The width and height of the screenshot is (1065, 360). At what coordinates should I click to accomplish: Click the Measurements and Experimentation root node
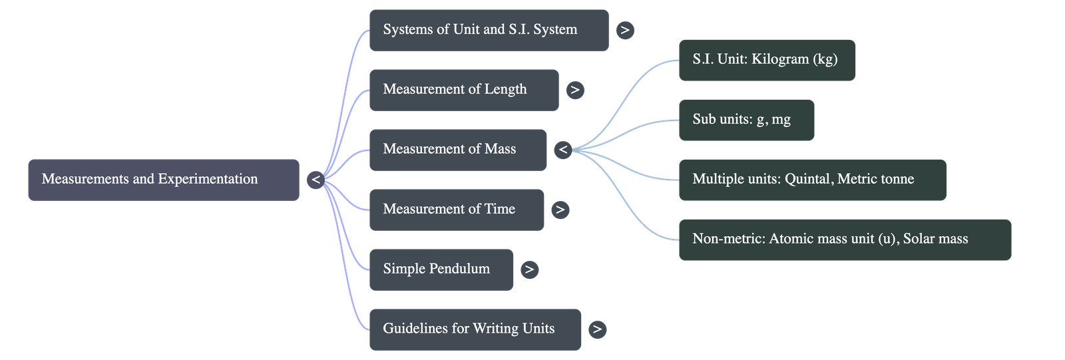163,179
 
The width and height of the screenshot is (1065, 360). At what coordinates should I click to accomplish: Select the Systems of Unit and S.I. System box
489,30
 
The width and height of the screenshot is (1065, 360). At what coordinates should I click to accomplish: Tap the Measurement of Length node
463,90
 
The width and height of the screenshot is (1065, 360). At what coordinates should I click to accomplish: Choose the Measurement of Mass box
457,150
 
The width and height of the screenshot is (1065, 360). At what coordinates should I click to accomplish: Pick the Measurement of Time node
456,210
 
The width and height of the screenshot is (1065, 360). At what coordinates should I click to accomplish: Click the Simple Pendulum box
441,270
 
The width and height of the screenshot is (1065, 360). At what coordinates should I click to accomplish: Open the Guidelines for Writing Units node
475,329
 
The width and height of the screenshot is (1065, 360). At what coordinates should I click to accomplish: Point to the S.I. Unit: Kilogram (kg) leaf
766,60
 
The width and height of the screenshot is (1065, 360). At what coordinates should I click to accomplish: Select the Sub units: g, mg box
745,120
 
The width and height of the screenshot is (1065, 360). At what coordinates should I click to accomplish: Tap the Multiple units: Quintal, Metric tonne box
811,180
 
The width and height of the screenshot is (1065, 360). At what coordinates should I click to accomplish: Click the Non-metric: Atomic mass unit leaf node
844,240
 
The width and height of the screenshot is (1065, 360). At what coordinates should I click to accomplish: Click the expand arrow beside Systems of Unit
625,30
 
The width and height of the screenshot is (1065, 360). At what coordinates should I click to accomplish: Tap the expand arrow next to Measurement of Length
575,90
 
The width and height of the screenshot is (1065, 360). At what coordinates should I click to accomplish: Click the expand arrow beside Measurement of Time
560,210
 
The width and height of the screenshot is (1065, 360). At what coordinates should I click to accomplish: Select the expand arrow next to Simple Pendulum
529,270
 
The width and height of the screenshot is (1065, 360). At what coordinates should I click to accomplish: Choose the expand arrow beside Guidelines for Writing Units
597,329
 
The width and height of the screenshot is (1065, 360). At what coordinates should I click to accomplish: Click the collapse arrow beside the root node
316,180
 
